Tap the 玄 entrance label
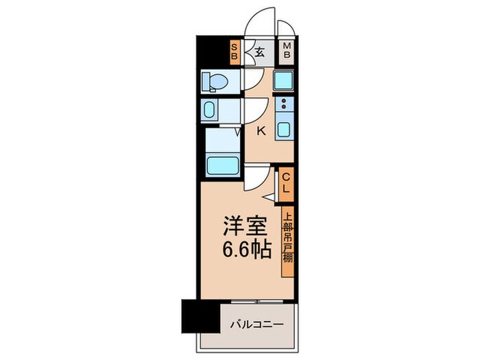(x=261, y=50)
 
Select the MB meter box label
(x=287, y=51)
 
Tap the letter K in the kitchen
(x=261, y=131)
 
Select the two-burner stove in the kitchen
(x=283, y=105)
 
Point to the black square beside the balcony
(x=194, y=317)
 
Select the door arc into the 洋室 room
(x=254, y=179)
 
